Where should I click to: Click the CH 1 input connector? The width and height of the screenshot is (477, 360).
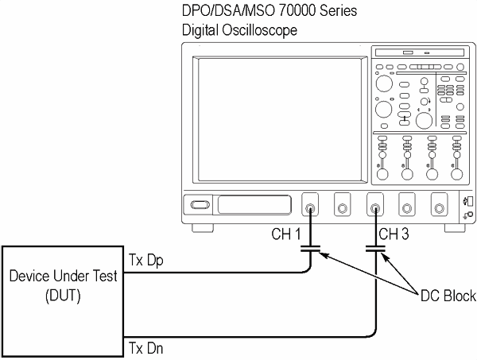310,208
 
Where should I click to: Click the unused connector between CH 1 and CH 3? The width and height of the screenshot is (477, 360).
342,208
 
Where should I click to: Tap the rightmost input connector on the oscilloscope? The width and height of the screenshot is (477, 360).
437,208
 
